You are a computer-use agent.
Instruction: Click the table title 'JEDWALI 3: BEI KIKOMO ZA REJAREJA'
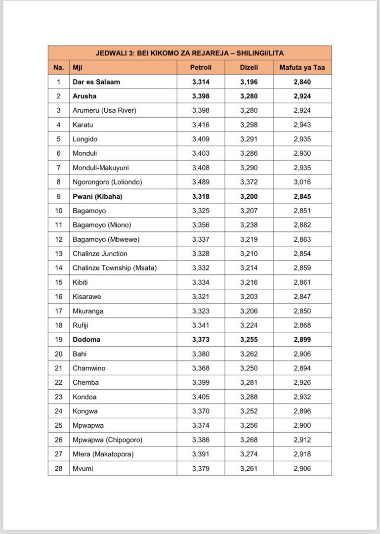click(x=189, y=53)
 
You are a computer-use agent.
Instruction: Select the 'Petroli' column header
click(x=201, y=67)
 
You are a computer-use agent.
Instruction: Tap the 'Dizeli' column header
click(x=249, y=67)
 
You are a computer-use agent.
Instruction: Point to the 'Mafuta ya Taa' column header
click(x=302, y=67)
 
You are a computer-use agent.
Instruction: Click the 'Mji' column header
click(x=78, y=67)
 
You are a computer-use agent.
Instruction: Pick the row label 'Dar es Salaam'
click(x=96, y=82)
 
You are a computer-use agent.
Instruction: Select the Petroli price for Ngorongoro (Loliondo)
click(x=201, y=182)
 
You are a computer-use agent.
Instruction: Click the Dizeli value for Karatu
click(x=249, y=125)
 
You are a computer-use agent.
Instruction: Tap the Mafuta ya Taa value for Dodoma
click(x=302, y=339)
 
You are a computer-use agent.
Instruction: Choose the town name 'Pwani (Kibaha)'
click(x=97, y=196)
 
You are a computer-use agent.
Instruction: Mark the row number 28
click(x=59, y=468)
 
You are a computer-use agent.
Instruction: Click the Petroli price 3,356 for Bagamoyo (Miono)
click(x=201, y=225)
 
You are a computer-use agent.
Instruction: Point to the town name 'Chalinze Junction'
click(x=100, y=254)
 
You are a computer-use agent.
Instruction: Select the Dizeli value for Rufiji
click(x=249, y=325)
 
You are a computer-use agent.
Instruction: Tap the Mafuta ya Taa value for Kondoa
click(x=302, y=397)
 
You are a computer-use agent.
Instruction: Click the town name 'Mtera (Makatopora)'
click(x=103, y=454)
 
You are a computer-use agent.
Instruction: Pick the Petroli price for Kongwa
click(x=201, y=411)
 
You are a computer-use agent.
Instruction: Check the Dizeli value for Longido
click(x=249, y=139)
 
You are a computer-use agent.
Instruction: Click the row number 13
click(x=59, y=254)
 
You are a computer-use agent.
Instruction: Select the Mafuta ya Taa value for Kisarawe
click(x=302, y=297)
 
